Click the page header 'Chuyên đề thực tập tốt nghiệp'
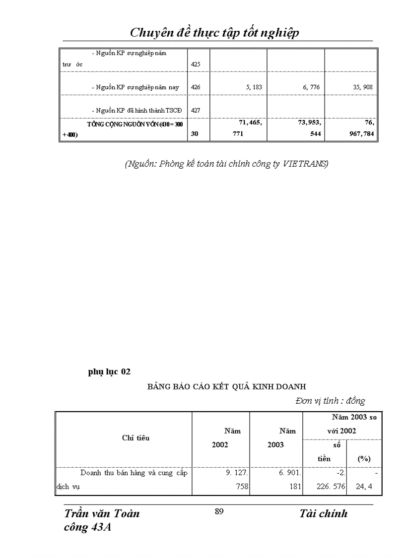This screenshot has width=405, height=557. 214,33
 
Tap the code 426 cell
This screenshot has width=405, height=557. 196,87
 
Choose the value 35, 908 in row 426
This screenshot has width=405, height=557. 362,87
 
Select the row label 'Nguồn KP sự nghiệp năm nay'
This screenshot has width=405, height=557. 135,87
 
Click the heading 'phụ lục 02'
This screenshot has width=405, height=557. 109,371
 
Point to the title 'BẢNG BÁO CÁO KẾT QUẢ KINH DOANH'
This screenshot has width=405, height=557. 226,386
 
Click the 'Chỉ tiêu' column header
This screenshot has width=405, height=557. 135,438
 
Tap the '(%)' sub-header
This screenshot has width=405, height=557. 364,459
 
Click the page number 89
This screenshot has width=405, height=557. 219,512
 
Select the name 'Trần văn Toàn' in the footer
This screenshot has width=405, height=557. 102,514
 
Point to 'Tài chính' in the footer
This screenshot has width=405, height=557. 323,514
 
